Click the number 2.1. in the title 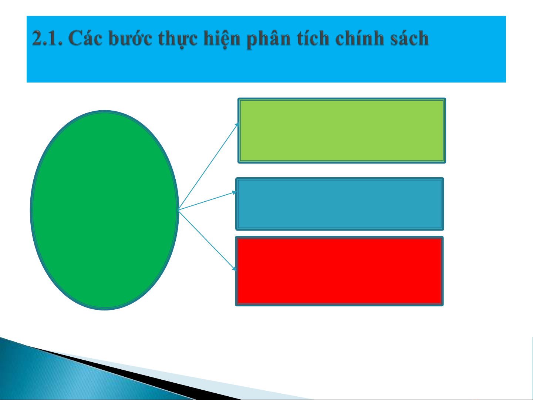click(x=47, y=38)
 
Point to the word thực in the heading click(x=178, y=39)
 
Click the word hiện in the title click(x=222, y=39)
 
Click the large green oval click(x=105, y=210)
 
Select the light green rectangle click(x=342, y=131)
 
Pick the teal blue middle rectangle click(x=340, y=204)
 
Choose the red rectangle click(x=339, y=271)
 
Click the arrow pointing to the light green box click(x=209, y=166)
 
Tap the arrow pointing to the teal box click(x=207, y=201)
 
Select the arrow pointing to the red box click(x=207, y=240)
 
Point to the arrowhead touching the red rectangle click(x=235, y=269)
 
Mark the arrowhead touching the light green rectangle click(x=237, y=125)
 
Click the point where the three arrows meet click(x=179, y=210)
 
